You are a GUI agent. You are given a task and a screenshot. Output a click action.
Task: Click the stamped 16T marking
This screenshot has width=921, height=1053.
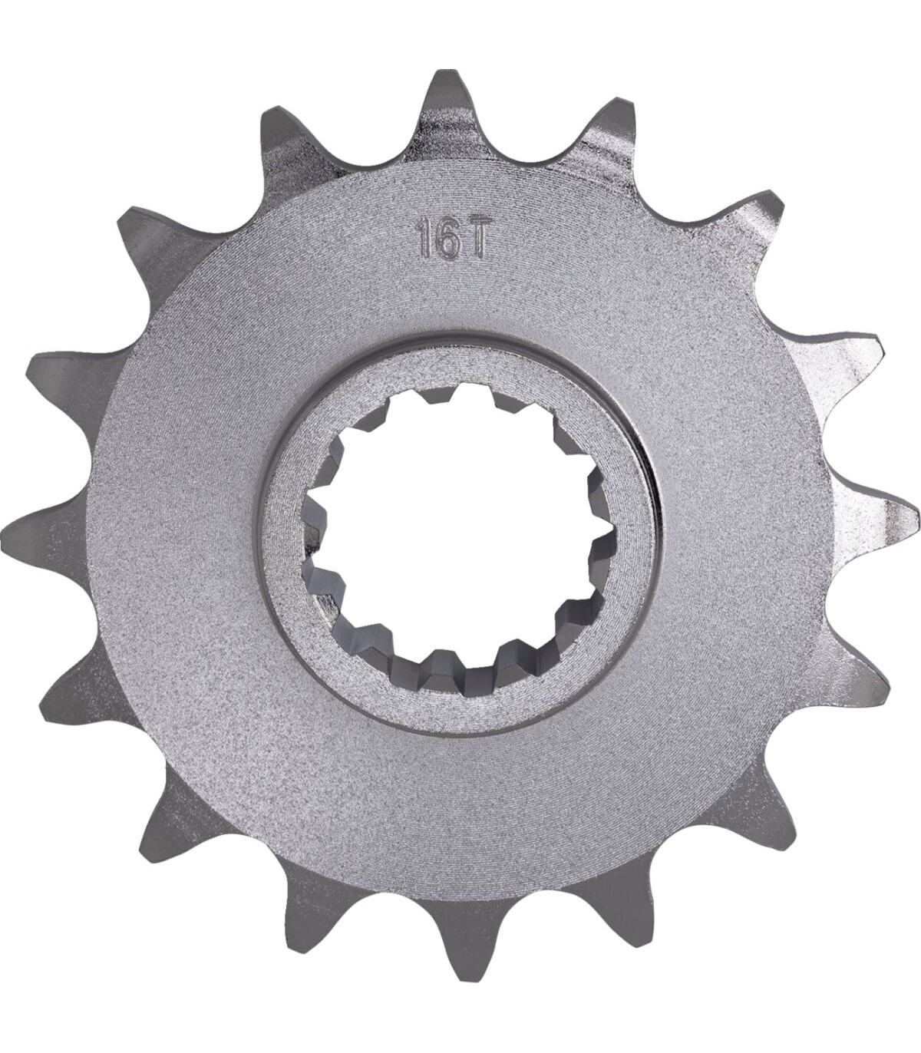[451, 245]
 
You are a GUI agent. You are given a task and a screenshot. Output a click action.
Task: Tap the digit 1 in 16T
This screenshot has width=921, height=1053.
[424, 245]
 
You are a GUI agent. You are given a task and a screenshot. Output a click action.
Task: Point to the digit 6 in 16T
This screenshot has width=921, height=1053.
[447, 245]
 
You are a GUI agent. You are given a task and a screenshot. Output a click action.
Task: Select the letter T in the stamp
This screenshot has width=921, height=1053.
[474, 245]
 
